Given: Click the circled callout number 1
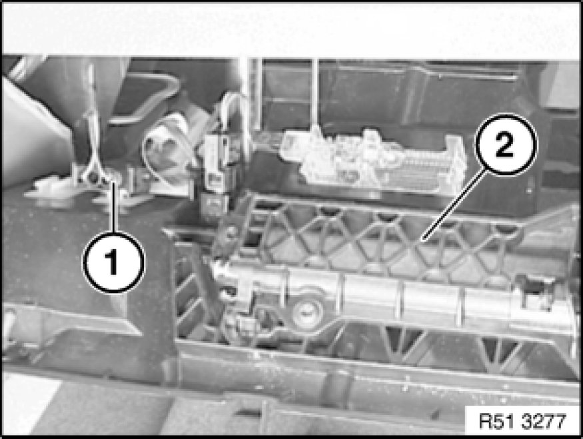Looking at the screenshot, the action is point(113,262).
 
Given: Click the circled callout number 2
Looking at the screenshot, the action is point(505,145).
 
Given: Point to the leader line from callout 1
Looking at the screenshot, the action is point(113,207).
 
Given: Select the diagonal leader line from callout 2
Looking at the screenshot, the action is point(454,203).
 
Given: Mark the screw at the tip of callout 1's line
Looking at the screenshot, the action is point(97,179).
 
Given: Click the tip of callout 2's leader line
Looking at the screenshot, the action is point(424,238).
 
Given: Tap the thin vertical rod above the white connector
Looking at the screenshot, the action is point(314,93).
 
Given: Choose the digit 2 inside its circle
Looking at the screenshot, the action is point(505,145).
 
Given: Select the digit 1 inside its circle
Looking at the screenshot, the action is point(113,262).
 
